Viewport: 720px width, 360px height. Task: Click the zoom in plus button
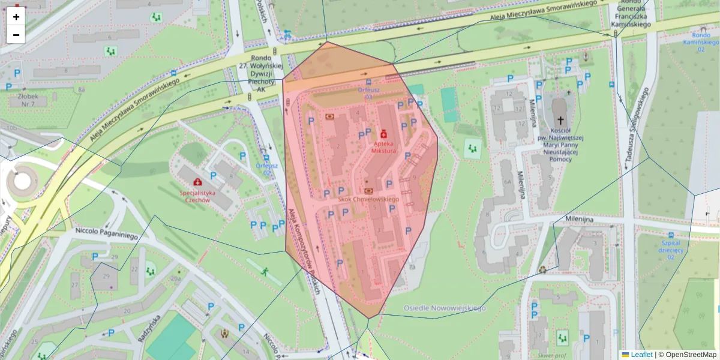pyautogui.click(x=16, y=17)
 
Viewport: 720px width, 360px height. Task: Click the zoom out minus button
pyautogui.click(x=16, y=35)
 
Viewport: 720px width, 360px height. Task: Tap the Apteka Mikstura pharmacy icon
pyautogui.click(x=383, y=131)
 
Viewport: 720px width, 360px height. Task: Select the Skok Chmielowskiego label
pyautogui.click(x=368, y=199)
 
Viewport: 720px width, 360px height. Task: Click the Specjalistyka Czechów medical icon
pyautogui.click(x=197, y=181)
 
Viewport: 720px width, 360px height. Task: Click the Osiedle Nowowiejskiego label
pyautogui.click(x=443, y=308)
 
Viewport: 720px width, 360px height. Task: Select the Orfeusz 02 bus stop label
pyautogui.click(x=265, y=169)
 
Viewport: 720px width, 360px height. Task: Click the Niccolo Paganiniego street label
pyautogui.click(x=107, y=233)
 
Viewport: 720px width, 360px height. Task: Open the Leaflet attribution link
pyautogui.click(x=641, y=355)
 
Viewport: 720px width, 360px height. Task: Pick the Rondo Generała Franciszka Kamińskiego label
pyautogui.click(x=631, y=14)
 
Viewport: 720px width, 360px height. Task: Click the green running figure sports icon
pyautogui.click(x=264, y=272)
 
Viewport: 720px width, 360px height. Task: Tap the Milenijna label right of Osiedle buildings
pyautogui.click(x=580, y=219)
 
